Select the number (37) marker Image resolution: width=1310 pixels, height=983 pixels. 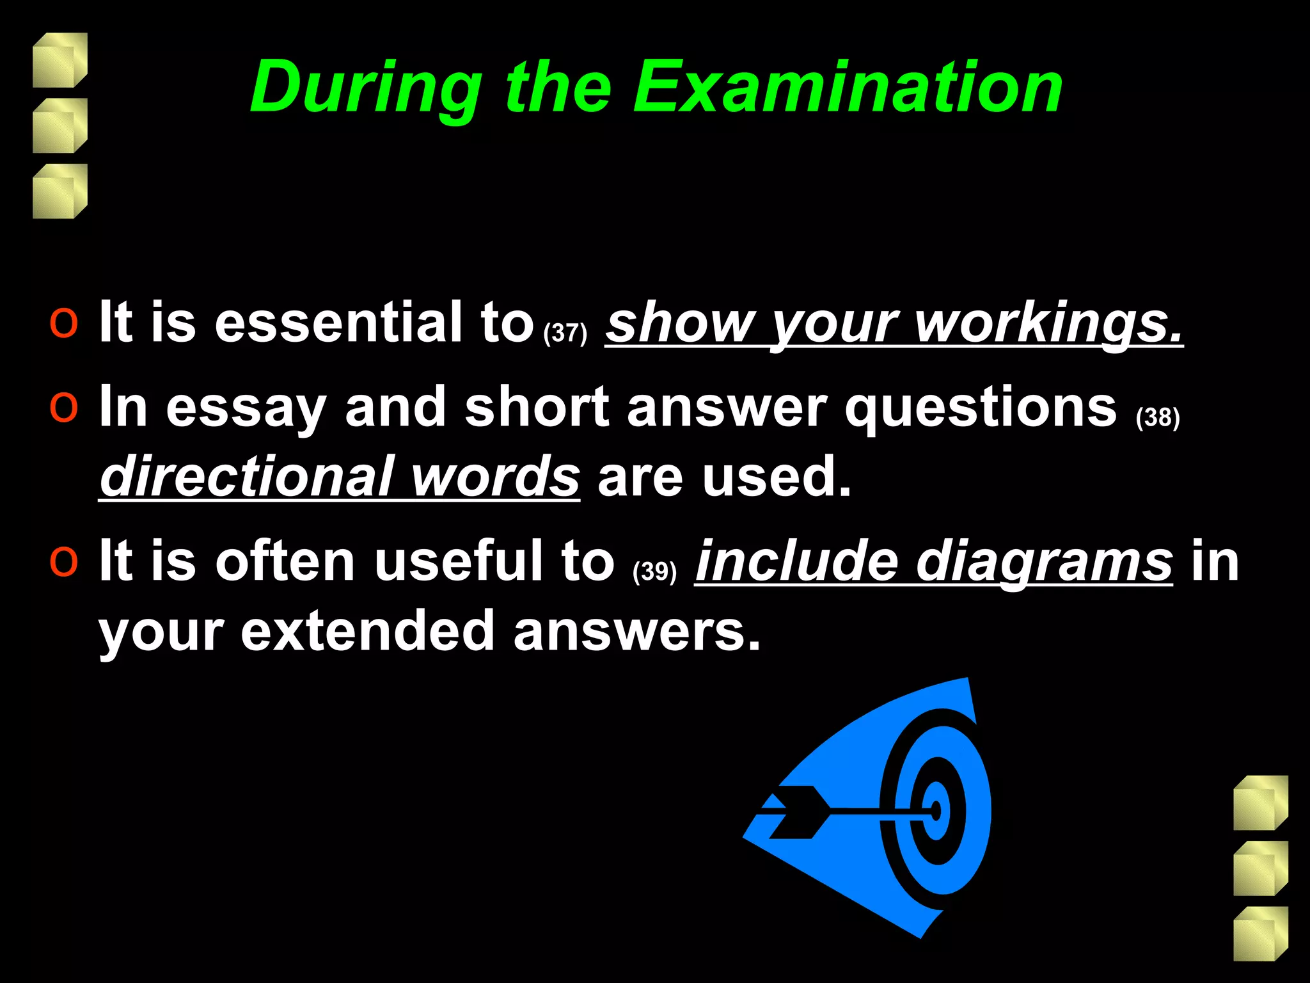click(565, 333)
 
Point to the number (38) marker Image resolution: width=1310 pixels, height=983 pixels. click(1158, 417)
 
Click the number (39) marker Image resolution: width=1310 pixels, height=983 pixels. click(654, 571)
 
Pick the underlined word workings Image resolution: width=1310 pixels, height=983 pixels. click(1049, 323)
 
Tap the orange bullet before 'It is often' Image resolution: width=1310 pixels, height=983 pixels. click(64, 561)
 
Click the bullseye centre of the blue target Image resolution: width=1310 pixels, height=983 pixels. click(936, 811)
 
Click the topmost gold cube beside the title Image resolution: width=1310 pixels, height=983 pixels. click(59, 60)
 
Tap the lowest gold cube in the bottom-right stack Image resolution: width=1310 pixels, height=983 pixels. click(1260, 934)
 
